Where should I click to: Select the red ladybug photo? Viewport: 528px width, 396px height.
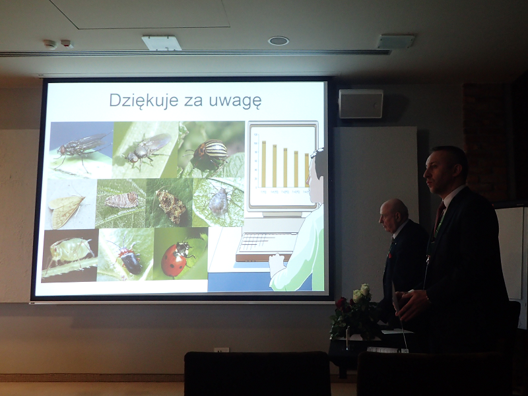pyautogui.click(x=181, y=254)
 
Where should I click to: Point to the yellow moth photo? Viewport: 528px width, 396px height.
pyautogui.click(x=70, y=204)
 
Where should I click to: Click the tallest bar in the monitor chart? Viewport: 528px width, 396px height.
pyautogui.click(x=263, y=164)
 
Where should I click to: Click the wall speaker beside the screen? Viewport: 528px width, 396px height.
pyautogui.click(x=360, y=104)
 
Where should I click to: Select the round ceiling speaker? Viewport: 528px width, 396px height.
pyautogui.click(x=279, y=41)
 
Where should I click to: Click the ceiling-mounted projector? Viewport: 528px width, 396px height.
pyautogui.click(x=161, y=43)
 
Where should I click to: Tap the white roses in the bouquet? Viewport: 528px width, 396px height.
pyautogui.click(x=360, y=292)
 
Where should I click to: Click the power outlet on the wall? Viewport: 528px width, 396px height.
pyautogui.click(x=221, y=350)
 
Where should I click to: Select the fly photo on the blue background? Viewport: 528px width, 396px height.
pyautogui.click(x=81, y=150)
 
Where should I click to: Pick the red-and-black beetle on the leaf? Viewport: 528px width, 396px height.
pyautogui.click(x=129, y=258)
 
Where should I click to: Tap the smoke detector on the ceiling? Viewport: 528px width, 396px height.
pyautogui.click(x=50, y=44)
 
